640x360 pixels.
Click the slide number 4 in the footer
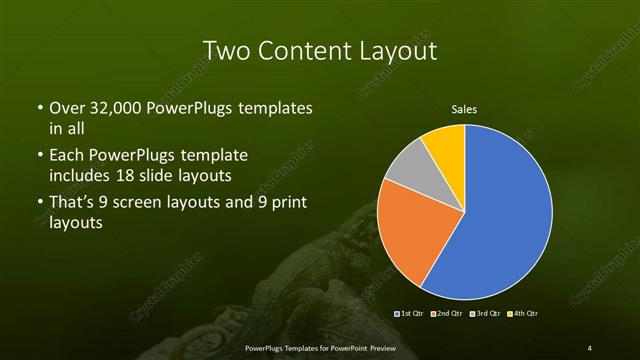[x=590, y=347]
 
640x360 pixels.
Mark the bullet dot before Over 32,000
[x=38, y=108]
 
